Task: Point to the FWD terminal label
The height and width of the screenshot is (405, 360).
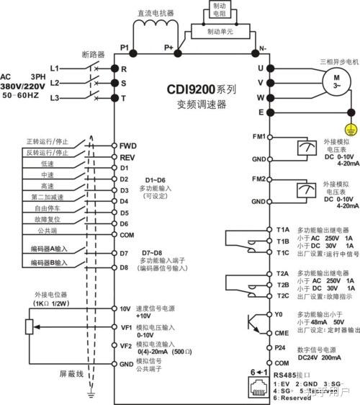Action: (x=127, y=145)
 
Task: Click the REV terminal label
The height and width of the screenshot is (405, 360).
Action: (x=127, y=156)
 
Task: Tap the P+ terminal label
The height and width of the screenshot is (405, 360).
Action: (x=169, y=47)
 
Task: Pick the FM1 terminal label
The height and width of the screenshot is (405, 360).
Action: (x=259, y=136)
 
